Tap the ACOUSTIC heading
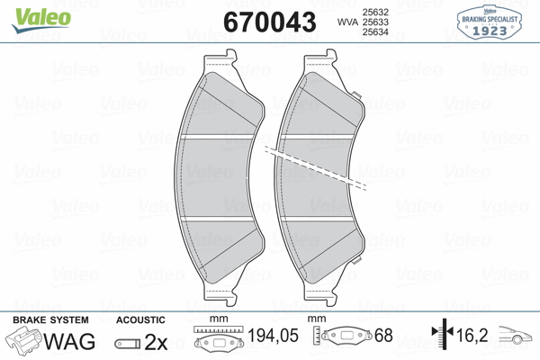pyautogui.click(x=141, y=319)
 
